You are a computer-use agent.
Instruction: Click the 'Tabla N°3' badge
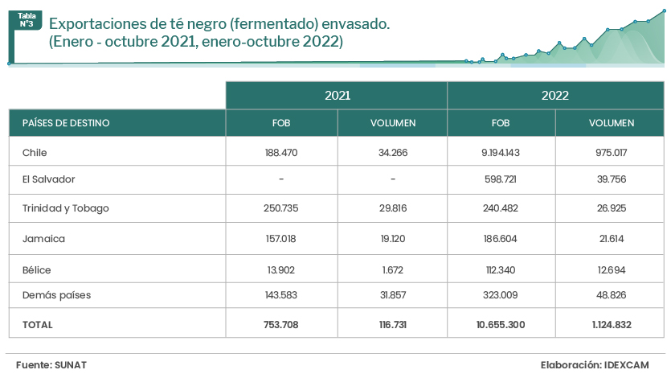tap(27, 20)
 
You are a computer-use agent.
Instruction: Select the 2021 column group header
tap(337, 95)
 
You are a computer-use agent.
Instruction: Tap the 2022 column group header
tap(555, 95)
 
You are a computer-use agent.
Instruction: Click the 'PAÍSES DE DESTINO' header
tap(66, 123)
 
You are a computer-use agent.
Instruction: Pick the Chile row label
tap(35, 152)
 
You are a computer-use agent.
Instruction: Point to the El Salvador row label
tap(48, 179)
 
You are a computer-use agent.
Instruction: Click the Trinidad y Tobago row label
tap(65, 208)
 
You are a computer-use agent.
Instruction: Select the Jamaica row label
tap(43, 239)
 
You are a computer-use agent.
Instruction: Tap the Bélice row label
tap(37, 269)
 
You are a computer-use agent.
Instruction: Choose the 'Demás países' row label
tap(56, 295)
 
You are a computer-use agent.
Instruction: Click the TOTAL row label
tap(38, 325)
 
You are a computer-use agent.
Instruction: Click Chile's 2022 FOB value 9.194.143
tap(500, 152)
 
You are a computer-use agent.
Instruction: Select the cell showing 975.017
tap(611, 152)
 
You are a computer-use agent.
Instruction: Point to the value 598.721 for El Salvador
tap(500, 179)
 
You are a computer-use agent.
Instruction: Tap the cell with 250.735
tap(281, 208)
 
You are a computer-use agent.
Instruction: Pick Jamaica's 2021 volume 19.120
tap(392, 239)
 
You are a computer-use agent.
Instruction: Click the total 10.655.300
tap(500, 325)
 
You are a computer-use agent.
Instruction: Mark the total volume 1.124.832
tap(611, 325)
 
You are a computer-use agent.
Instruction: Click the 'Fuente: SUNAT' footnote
tap(51, 364)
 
